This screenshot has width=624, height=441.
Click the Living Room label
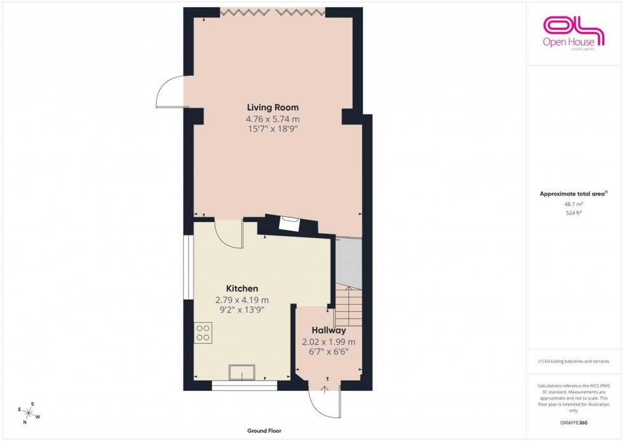coord(273,107)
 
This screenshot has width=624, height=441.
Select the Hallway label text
coord(329,330)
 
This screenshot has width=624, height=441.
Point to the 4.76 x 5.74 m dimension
coord(273,118)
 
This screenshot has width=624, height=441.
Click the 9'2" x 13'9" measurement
coord(241,310)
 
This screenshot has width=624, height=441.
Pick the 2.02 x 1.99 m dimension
coord(329,342)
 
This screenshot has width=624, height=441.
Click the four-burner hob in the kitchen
coord(203,333)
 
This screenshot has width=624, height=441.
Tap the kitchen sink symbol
coord(242,372)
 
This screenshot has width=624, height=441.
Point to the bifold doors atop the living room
coord(273,11)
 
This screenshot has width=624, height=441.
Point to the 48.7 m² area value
coord(574,204)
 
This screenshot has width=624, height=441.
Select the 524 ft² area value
coord(574,213)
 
